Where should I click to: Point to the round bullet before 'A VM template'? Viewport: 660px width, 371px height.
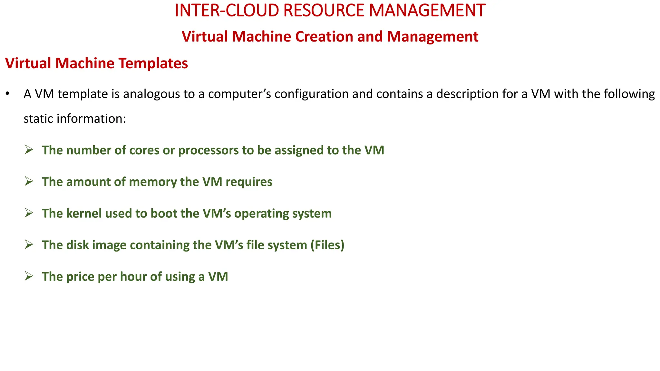[x=7, y=94]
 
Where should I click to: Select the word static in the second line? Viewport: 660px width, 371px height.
[x=38, y=119]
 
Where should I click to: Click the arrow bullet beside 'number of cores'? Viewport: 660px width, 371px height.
[x=29, y=150]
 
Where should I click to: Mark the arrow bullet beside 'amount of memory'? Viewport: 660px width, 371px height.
[x=29, y=181]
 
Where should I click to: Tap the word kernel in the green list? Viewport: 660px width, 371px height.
[x=84, y=214]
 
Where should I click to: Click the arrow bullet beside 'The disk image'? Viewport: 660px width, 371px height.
[x=29, y=244]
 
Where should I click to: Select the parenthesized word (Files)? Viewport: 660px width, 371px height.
[x=327, y=245]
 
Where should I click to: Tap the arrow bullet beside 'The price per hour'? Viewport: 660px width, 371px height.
[x=29, y=276]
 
